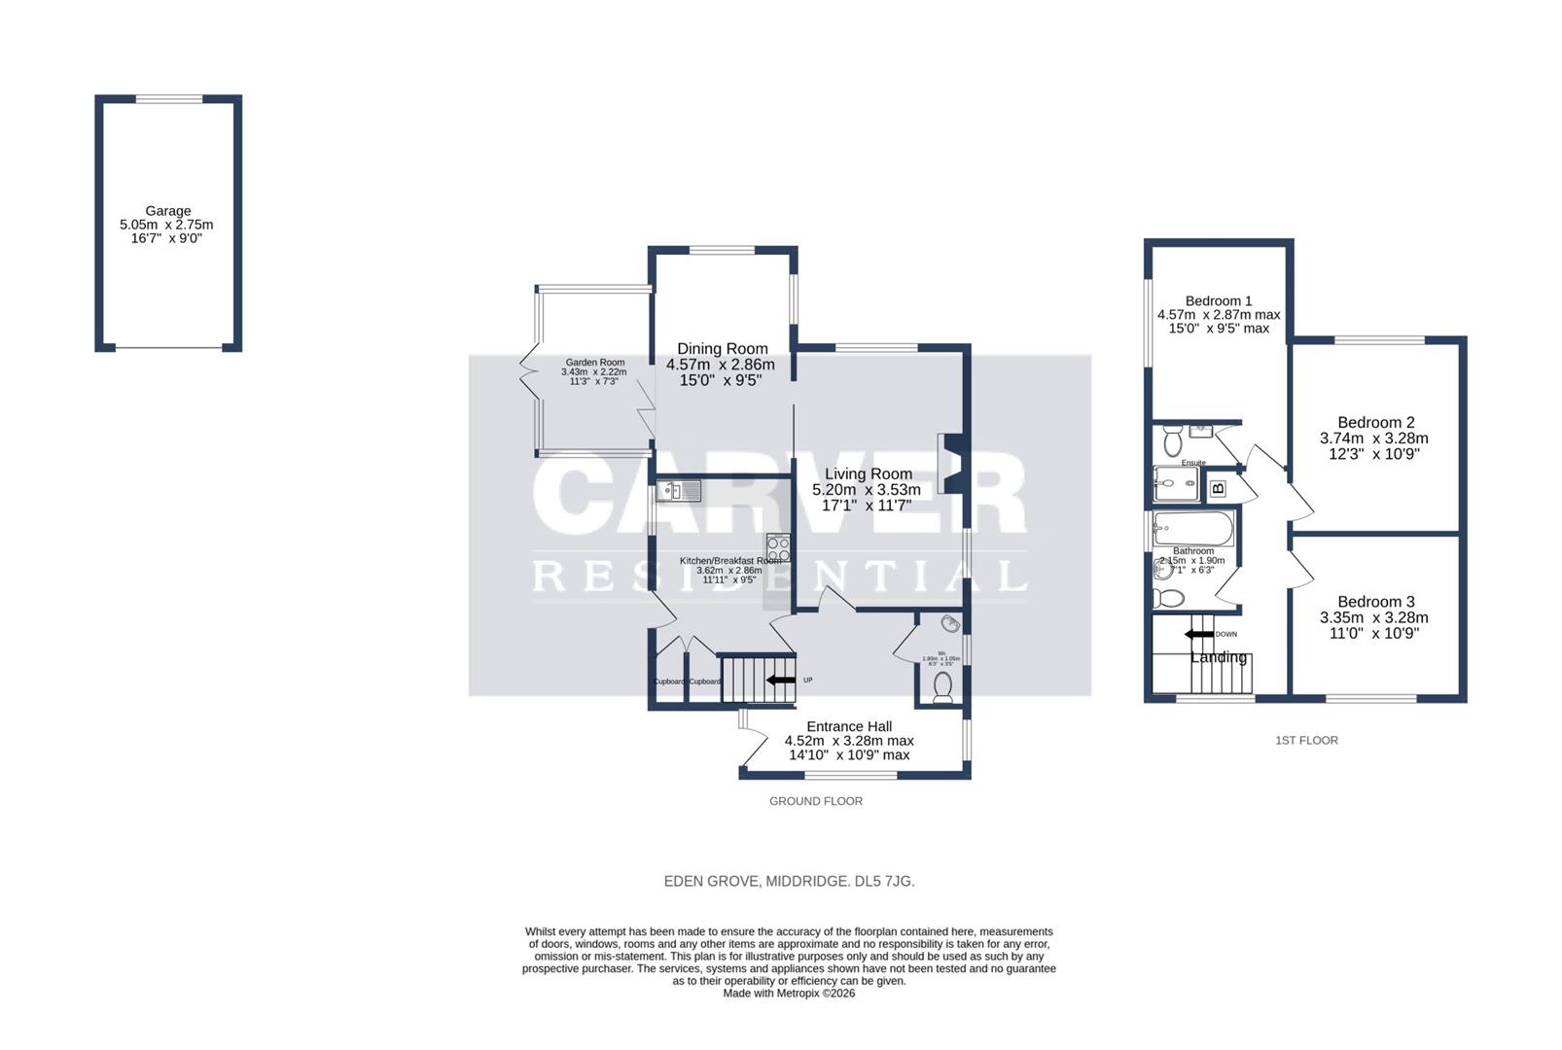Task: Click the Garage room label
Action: coord(167,211)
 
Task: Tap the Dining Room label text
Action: coord(722,349)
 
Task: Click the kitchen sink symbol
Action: coord(678,491)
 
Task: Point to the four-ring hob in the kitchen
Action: coord(777,547)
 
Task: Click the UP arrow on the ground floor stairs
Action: coord(781,680)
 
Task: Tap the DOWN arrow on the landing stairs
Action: coord(1198,634)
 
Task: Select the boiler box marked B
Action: coord(1217,488)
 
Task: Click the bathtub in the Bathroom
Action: coord(1193,530)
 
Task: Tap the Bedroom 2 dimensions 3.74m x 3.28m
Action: coord(1373,438)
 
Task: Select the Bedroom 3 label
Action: coord(1375,602)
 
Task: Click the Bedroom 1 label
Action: coord(1218,301)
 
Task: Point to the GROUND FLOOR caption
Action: coord(815,801)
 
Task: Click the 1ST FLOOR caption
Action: coord(1306,741)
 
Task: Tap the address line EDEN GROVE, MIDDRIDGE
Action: coord(789,882)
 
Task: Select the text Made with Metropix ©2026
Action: coord(789,994)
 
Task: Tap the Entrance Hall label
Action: coord(848,726)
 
